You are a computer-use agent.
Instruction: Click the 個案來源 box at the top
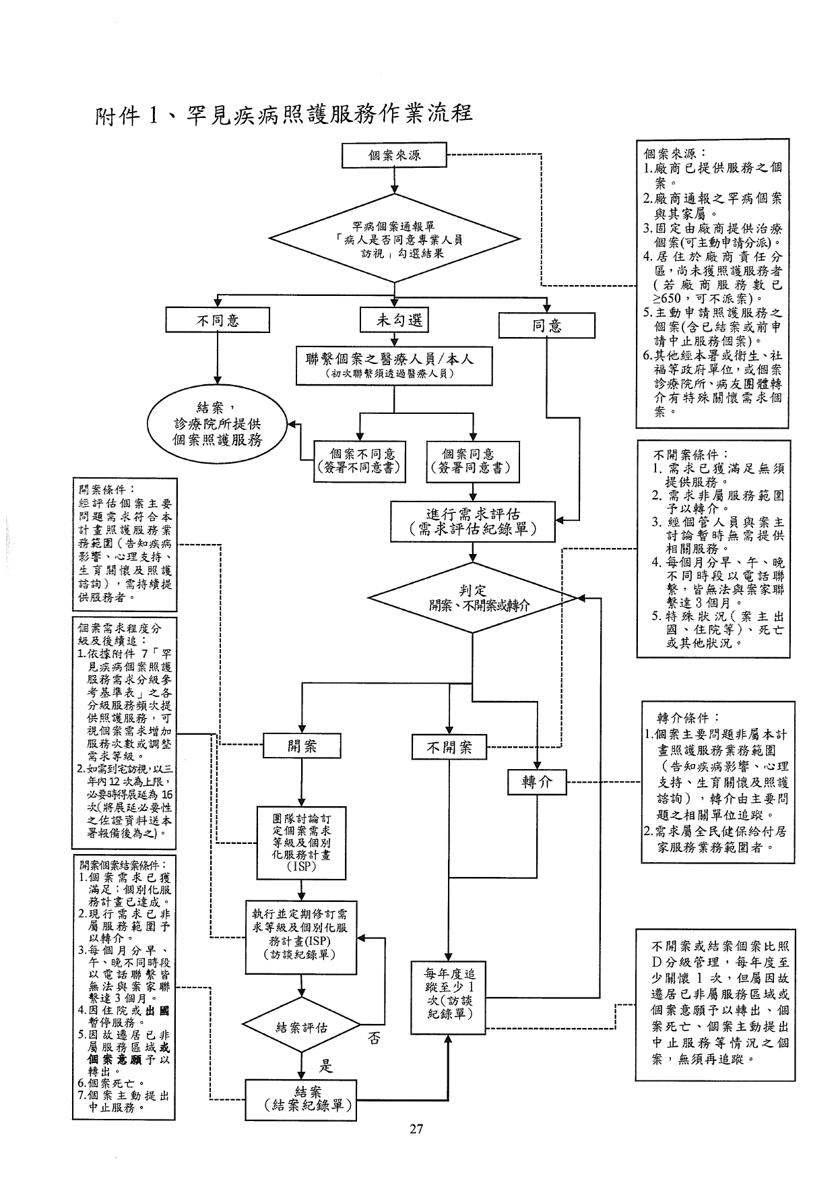(394, 155)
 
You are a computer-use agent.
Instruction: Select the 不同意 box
(218, 320)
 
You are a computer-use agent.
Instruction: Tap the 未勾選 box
(395, 320)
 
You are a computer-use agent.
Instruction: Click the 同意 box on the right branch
(546, 326)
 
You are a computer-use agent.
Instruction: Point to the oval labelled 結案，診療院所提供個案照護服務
(218, 424)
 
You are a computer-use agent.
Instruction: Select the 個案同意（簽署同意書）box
(474, 462)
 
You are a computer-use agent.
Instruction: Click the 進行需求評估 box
(473, 522)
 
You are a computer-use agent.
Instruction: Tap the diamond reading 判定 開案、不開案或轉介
(473, 597)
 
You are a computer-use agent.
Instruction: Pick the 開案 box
(302, 746)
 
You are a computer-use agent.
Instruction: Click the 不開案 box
(449, 748)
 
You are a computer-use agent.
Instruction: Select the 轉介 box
(537, 782)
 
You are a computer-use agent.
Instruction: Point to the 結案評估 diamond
(302, 1027)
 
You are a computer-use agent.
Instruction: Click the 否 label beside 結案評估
(373, 1039)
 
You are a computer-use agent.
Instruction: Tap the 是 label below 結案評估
(326, 1066)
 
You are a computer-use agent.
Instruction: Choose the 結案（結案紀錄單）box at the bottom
(300, 1099)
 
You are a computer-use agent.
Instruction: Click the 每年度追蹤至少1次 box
(449, 998)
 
